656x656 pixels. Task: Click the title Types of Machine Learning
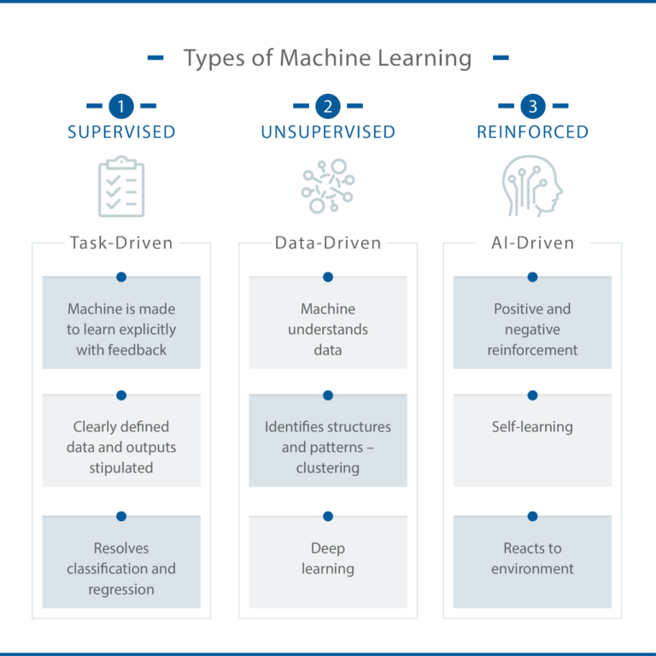pyautogui.click(x=328, y=58)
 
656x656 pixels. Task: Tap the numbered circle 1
pyautogui.click(x=121, y=107)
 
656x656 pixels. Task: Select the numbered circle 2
pyautogui.click(x=328, y=107)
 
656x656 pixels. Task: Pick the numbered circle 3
pyautogui.click(x=533, y=107)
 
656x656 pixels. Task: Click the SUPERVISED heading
pyautogui.click(x=121, y=132)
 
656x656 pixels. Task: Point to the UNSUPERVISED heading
pyautogui.click(x=328, y=132)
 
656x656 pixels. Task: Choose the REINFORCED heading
pyautogui.click(x=533, y=132)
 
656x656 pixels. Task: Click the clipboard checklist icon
pyautogui.click(x=121, y=185)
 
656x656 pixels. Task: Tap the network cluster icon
pyautogui.click(x=328, y=185)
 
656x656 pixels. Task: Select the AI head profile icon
pyautogui.click(x=533, y=185)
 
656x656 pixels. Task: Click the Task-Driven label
pyautogui.click(x=121, y=243)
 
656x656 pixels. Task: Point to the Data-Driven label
pyautogui.click(x=328, y=243)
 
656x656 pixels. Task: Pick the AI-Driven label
pyautogui.click(x=533, y=243)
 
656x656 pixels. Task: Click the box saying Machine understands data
pyautogui.click(x=328, y=329)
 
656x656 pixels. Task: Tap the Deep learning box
pyautogui.click(x=328, y=559)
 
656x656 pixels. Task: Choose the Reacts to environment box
pyautogui.click(x=533, y=559)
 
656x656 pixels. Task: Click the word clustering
pyautogui.click(x=328, y=468)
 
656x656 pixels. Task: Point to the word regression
pyautogui.click(x=121, y=589)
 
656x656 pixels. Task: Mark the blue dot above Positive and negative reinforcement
pyautogui.click(x=533, y=276)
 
